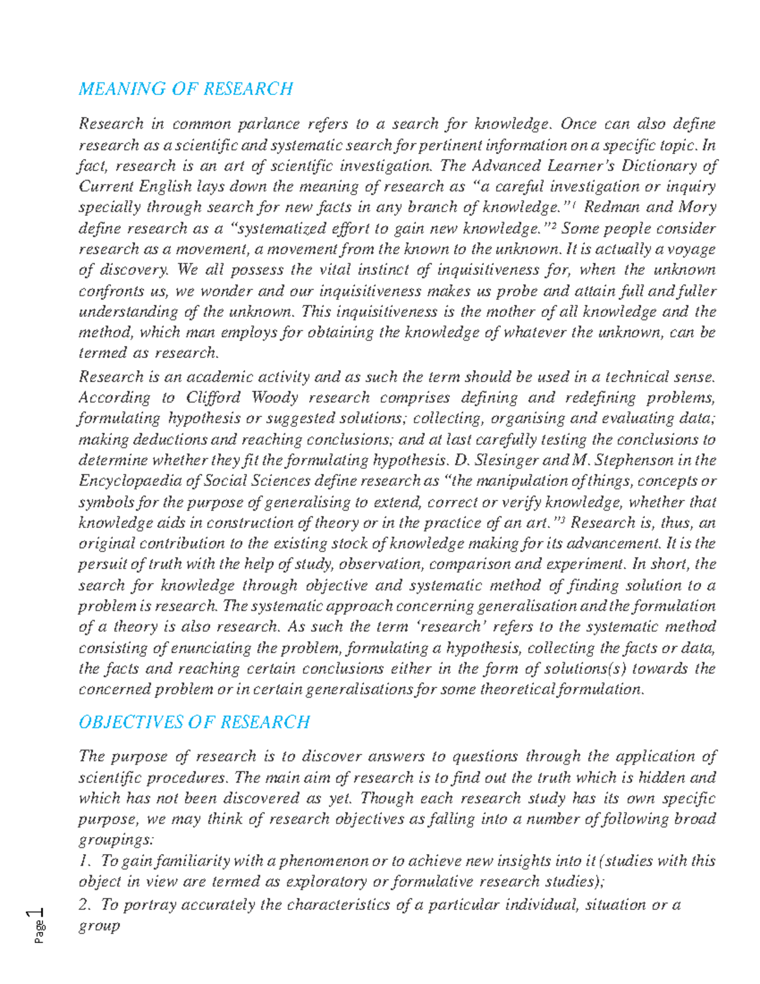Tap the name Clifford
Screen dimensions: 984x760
click(x=213, y=398)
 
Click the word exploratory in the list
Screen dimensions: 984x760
click(x=327, y=881)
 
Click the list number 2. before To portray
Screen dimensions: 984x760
click(x=85, y=905)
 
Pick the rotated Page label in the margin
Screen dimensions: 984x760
click(x=40, y=933)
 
